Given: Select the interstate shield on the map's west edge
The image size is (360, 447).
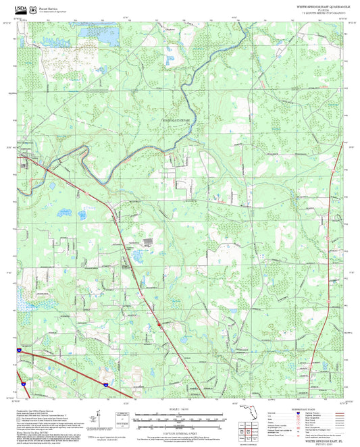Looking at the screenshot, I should (20, 350).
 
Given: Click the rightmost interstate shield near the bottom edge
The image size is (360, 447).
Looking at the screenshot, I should (105, 384).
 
